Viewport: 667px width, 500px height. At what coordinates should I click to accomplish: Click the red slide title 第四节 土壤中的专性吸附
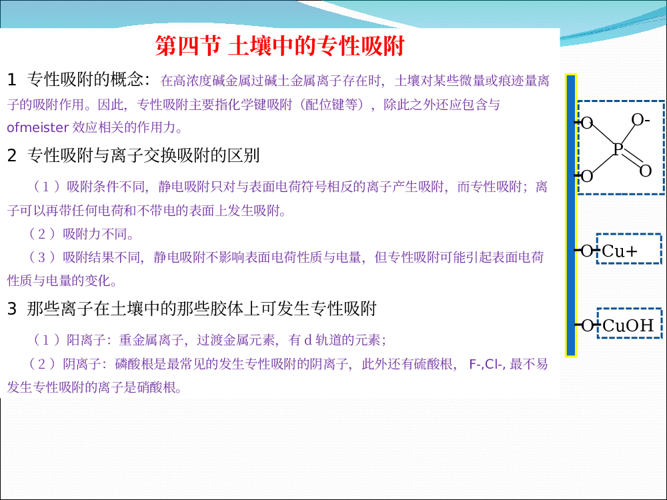279,46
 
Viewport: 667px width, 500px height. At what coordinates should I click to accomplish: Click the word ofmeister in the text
38,127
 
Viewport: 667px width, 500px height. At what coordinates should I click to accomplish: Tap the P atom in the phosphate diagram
618,149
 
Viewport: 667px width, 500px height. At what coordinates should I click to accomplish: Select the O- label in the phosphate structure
640,120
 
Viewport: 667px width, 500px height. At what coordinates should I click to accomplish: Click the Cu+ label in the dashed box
620,251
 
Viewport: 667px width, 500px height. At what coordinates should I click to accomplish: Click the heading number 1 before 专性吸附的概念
11,80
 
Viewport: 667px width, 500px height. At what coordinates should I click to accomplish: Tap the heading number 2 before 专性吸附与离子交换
11,155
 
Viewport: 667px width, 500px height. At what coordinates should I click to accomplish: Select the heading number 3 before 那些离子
11,309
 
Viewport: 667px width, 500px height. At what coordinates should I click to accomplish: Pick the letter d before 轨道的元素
308,340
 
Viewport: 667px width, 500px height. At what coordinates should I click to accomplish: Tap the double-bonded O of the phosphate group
645,171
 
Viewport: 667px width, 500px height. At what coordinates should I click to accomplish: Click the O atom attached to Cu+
586,251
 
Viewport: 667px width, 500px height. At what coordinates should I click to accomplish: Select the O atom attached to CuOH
587,326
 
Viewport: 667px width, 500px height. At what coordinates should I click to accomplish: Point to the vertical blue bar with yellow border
570,215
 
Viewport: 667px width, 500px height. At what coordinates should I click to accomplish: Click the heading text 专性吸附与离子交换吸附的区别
143,155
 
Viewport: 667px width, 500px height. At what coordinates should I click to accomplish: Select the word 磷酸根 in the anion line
134,364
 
